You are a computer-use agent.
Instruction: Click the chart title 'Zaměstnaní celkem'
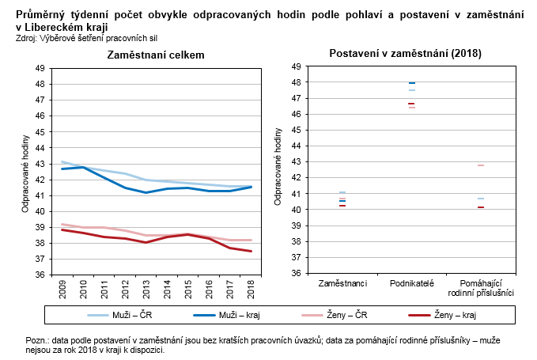coord(156,55)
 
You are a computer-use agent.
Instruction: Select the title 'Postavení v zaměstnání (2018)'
coord(405,53)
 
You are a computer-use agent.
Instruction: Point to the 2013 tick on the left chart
coord(146,287)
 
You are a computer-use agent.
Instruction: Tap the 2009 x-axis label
coord(62,287)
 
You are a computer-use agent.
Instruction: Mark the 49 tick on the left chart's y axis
coord(40,68)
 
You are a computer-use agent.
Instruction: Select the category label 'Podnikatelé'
coord(411,282)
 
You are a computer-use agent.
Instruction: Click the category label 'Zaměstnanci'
coord(342,282)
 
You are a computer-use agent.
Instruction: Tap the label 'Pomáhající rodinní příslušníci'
coord(481,287)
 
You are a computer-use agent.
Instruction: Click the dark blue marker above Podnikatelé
coord(411,83)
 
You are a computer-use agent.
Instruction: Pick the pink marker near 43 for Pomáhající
coord(481,165)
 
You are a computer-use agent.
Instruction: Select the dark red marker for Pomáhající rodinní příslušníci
coord(481,207)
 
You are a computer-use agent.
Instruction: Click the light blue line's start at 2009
coord(62,162)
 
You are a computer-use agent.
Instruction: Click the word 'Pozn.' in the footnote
coord(36,339)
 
